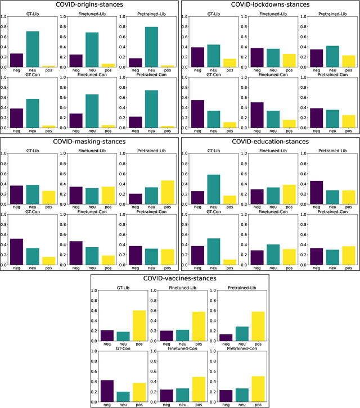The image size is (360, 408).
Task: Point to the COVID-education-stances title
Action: click(x=269, y=142)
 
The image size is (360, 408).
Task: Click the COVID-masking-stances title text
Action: click(x=89, y=142)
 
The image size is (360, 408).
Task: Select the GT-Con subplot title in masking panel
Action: click(x=33, y=211)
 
